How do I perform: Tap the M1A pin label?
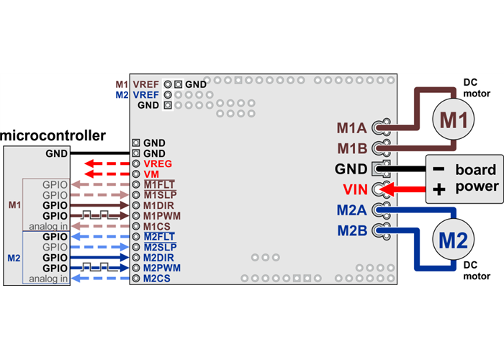coord(352,129)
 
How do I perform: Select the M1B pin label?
coord(352,149)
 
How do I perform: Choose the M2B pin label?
coord(352,231)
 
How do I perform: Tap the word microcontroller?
coord(53,135)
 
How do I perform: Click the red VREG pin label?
coord(158,164)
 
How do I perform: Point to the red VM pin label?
coord(151,174)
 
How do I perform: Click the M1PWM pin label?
coord(161,215)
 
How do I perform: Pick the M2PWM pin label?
coord(161,267)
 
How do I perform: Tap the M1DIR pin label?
coord(159,205)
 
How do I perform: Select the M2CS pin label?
coord(156,278)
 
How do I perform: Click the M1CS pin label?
coord(156,226)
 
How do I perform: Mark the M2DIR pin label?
coord(159,257)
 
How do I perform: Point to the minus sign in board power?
coord(437,169)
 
